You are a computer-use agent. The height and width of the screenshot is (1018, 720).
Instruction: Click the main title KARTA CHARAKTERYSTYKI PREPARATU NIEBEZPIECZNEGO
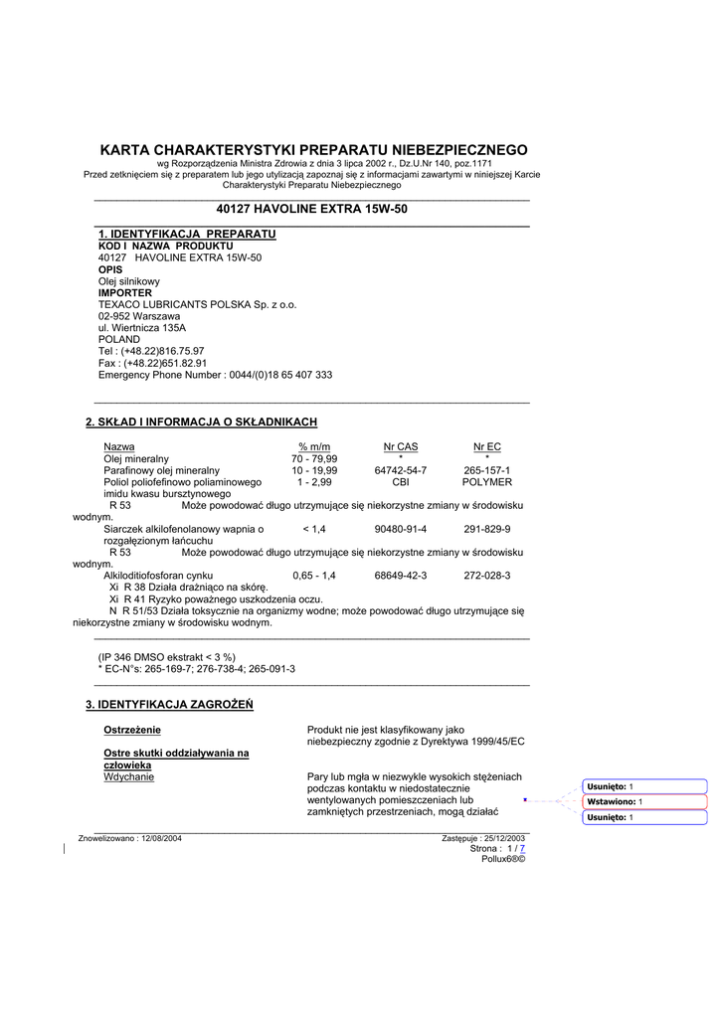[x=313, y=149]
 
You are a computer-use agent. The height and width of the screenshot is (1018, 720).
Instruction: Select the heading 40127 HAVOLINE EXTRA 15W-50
[x=311, y=209]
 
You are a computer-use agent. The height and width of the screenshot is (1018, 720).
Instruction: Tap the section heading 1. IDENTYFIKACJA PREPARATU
[x=187, y=234]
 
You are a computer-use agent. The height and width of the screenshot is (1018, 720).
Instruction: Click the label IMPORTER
[x=125, y=293]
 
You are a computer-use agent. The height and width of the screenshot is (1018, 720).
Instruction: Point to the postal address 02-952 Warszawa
[x=139, y=316]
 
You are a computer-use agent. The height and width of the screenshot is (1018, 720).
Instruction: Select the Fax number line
[x=152, y=363]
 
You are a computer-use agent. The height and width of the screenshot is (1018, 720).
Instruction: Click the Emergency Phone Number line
[x=215, y=375]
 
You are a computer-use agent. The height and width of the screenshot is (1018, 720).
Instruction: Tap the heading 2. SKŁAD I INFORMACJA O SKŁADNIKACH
[x=202, y=423]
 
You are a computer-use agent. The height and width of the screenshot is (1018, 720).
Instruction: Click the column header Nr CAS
[x=401, y=447]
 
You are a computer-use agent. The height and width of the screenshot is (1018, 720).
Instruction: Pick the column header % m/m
[x=314, y=447]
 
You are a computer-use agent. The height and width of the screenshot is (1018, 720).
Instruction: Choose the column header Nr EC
[x=487, y=447]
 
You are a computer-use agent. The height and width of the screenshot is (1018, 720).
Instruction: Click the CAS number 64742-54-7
[x=401, y=470]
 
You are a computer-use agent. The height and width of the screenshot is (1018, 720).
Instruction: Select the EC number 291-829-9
[x=487, y=529]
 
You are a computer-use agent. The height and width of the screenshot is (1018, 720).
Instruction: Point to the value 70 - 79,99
[x=314, y=459]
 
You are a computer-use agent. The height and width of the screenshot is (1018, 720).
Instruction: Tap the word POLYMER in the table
[x=487, y=482]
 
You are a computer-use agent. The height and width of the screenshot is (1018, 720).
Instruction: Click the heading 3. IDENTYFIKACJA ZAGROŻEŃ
[x=170, y=705]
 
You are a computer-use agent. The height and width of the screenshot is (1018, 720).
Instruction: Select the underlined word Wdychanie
[x=129, y=777]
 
